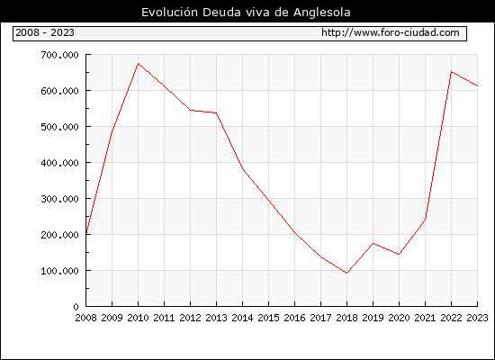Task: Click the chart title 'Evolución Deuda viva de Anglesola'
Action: (246, 13)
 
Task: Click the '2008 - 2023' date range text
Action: (45, 32)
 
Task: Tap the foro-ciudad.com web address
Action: (391, 32)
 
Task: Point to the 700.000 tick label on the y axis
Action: (59, 55)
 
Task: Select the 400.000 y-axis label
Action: (59, 163)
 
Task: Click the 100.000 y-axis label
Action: (59, 271)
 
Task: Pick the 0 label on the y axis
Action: (76, 307)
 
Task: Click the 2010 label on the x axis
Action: (138, 318)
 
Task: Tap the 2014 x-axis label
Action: (242, 318)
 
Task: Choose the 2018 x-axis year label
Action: (346, 318)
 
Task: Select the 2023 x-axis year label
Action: (477, 318)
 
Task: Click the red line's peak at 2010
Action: (138, 64)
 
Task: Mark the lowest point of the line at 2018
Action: (346, 274)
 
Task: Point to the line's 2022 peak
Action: (452, 72)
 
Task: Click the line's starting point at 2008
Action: (86, 234)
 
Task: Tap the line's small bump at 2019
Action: (373, 243)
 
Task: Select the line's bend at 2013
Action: (217, 112)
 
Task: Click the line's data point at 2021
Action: (425, 220)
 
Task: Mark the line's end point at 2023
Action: (477, 85)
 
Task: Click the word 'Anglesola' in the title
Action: (322, 13)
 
